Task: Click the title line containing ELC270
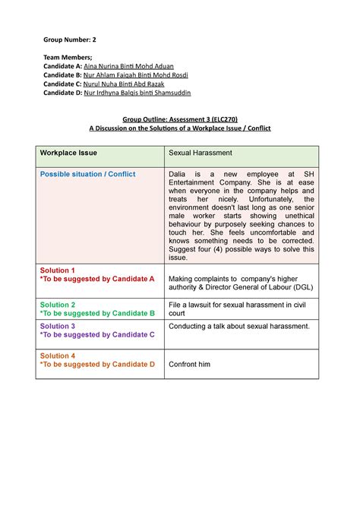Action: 180,119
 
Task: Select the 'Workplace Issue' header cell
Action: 68,153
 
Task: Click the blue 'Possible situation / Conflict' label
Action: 87,174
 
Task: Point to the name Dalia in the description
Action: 179,174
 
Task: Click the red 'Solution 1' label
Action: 58,270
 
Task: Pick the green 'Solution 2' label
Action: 58,304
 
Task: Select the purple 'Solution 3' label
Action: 58,326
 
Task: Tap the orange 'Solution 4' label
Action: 58,356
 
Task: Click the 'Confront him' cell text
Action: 189,365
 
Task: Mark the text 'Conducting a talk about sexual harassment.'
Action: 239,326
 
